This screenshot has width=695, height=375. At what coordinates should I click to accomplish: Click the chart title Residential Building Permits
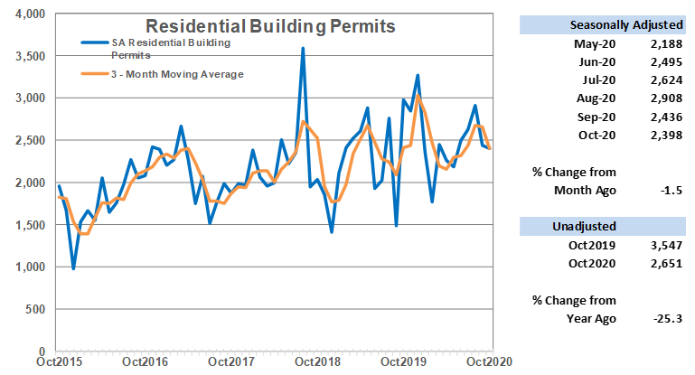(x=270, y=26)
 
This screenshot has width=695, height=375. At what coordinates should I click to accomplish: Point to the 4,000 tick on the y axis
(x=28, y=14)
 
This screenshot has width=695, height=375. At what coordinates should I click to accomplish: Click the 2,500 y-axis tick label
(x=28, y=140)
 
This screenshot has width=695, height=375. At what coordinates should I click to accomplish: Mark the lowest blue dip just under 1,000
(x=73, y=268)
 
